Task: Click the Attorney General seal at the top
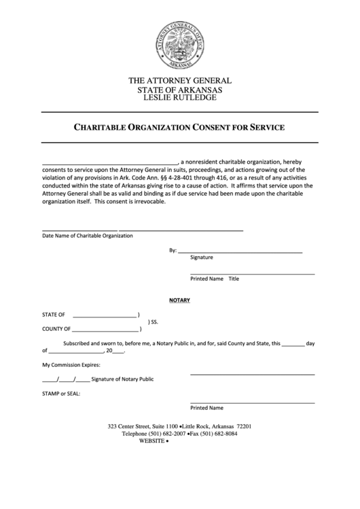(x=180, y=43)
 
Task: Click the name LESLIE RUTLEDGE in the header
(x=180, y=98)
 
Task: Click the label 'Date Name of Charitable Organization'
(x=88, y=236)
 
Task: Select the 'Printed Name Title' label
(x=215, y=279)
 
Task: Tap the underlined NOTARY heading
(x=179, y=300)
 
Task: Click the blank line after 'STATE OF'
(x=104, y=316)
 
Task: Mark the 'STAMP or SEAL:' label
(x=62, y=393)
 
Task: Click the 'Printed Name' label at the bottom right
(x=206, y=408)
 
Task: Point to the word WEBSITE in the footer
(x=151, y=441)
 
